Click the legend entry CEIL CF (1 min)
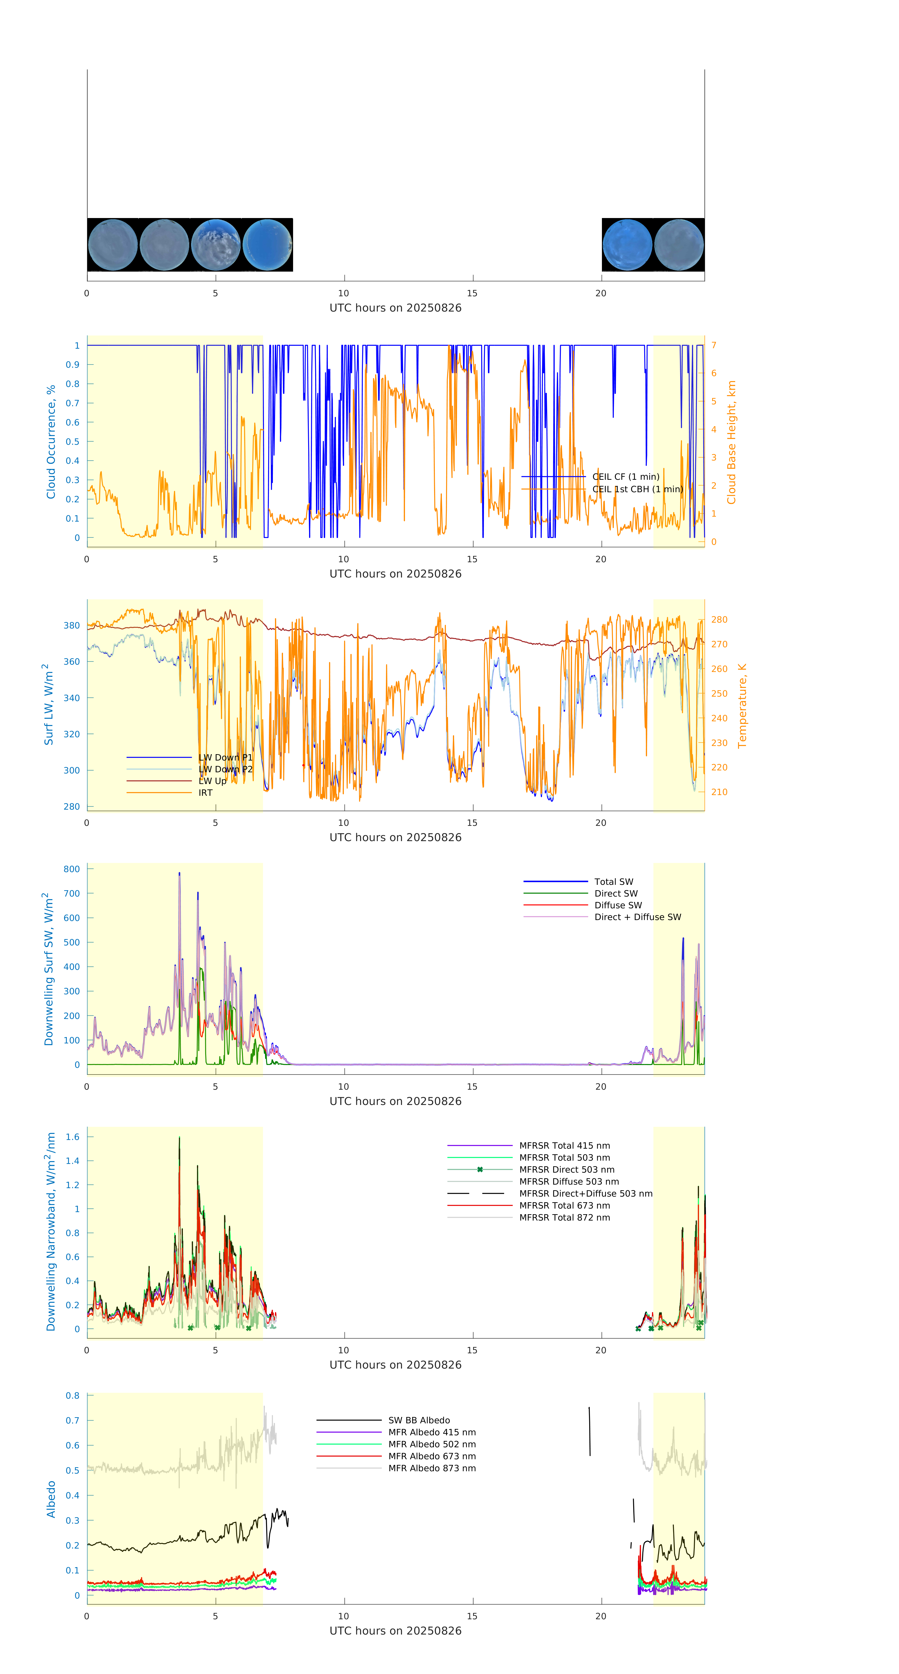pos(625,476)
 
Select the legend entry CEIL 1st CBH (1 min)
pos(637,489)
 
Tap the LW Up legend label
pos(212,781)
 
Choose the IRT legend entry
pos(205,793)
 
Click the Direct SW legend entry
pos(616,894)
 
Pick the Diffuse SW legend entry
pos(617,905)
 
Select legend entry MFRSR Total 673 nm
pos(564,1206)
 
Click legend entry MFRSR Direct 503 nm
pos(566,1170)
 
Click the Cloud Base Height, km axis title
pos(731,443)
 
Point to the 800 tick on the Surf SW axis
pos(72,869)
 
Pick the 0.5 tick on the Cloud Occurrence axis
pos(73,441)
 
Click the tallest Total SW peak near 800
pos(179,873)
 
